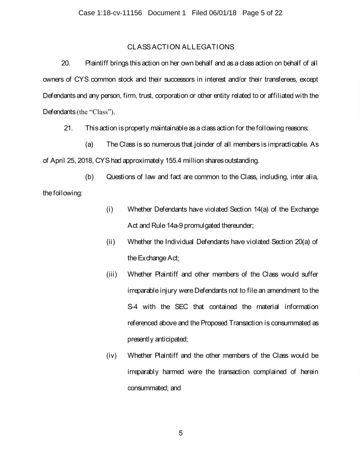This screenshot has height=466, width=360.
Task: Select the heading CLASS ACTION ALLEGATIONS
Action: [181, 47]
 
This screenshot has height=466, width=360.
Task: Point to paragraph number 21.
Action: [69, 128]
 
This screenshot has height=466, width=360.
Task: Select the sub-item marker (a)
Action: [89, 144]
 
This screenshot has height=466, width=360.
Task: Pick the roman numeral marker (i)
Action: [109, 209]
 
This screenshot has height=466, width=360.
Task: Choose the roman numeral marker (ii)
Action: [110, 242]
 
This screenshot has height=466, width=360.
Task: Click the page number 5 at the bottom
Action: [181, 433]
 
